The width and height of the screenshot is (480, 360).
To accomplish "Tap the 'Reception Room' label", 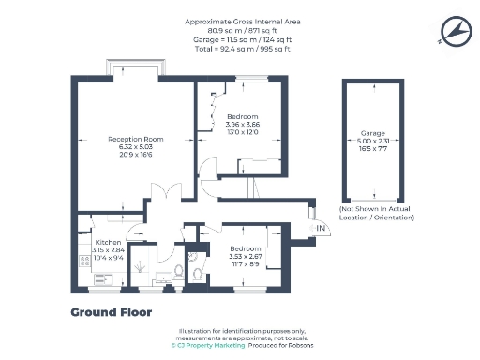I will pos(136,140).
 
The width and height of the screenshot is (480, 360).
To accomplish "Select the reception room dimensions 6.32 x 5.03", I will pos(136,147).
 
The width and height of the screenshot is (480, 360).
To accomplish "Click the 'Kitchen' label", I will pos(95,243).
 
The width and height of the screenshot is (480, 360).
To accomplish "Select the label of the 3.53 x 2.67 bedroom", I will pos(245,247).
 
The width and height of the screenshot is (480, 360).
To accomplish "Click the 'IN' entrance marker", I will pos(320,228).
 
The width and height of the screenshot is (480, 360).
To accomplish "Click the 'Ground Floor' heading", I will pos(111,311).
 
